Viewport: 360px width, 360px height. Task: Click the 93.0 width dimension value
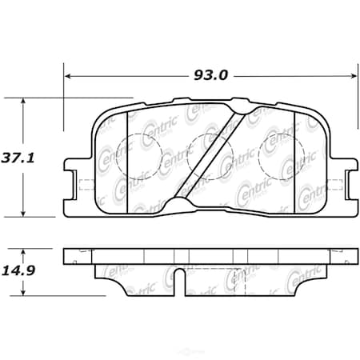click(x=211, y=76)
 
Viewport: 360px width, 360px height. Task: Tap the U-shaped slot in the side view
click(x=182, y=280)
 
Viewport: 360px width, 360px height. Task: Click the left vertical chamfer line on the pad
click(x=128, y=156)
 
